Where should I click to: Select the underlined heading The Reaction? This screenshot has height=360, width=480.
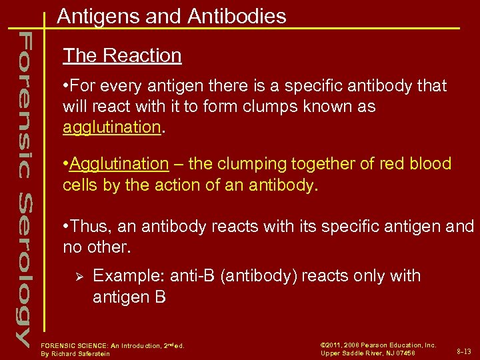(122, 55)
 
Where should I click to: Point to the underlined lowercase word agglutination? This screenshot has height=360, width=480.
(112, 127)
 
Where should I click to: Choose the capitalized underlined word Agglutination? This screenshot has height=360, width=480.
(119, 164)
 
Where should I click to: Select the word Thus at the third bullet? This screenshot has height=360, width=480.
(91, 227)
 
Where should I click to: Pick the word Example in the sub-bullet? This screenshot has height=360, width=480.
(129, 276)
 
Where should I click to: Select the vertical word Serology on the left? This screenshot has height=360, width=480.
(23, 267)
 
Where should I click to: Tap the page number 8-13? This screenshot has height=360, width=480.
(463, 351)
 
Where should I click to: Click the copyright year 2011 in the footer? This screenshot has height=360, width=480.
(335, 345)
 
